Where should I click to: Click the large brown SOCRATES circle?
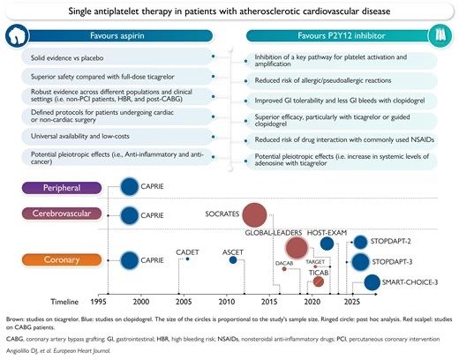point(255,214)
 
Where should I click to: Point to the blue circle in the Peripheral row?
point(130,187)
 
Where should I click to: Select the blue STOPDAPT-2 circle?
point(361,240)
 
